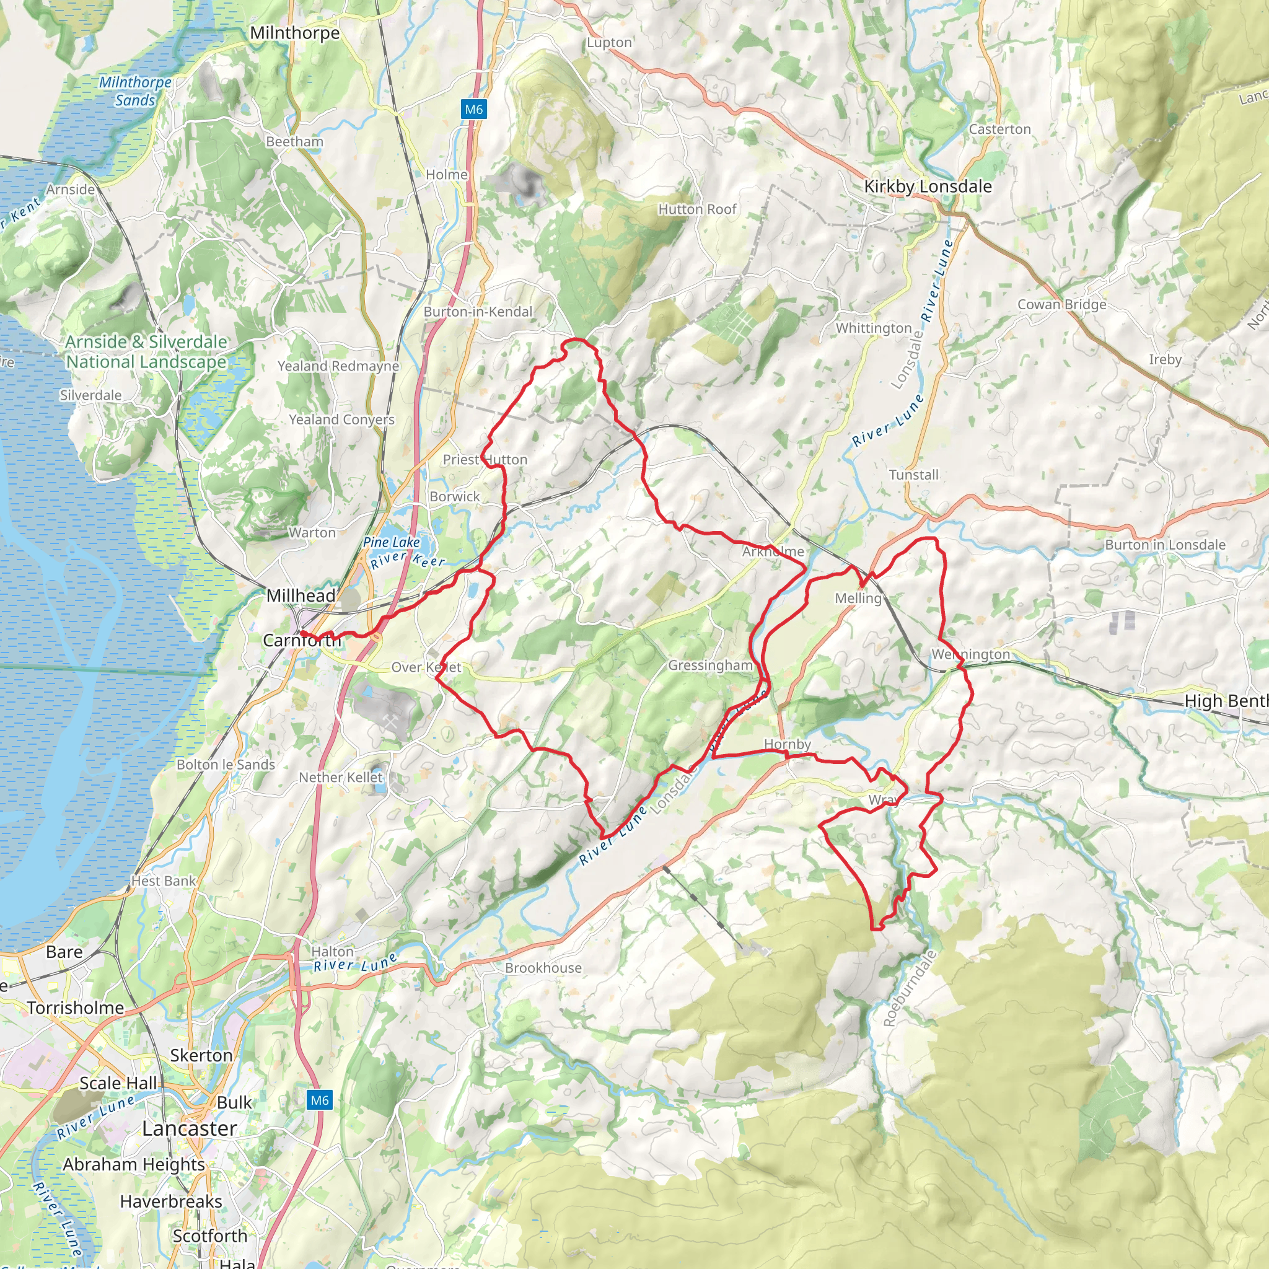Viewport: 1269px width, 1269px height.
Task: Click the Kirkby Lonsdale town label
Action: [x=928, y=187]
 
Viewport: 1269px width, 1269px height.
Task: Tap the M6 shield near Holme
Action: [x=473, y=110]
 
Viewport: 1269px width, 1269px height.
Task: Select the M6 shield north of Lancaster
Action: [x=319, y=1100]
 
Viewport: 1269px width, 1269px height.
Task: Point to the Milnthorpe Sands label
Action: [x=135, y=91]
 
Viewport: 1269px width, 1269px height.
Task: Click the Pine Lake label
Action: [x=391, y=542]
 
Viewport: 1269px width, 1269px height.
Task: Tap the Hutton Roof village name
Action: [x=697, y=209]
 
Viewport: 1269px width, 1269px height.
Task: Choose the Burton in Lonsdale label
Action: [x=1164, y=545]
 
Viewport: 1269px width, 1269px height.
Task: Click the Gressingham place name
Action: [x=710, y=665]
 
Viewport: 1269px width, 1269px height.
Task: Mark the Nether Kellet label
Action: [x=340, y=777]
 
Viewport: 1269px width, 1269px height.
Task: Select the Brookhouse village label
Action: [x=543, y=967]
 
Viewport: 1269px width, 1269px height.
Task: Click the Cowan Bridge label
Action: [x=1061, y=304]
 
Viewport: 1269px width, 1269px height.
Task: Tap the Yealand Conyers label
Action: [x=341, y=419]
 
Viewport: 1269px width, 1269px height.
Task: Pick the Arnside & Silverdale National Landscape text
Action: [x=146, y=351]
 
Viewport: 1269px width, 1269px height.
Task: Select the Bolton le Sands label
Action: [x=226, y=765]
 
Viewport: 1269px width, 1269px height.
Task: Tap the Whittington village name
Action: [x=873, y=328]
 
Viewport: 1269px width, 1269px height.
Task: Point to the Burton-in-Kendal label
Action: [x=478, y=311]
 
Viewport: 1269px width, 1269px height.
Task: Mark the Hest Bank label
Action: [x=163, y=881]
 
